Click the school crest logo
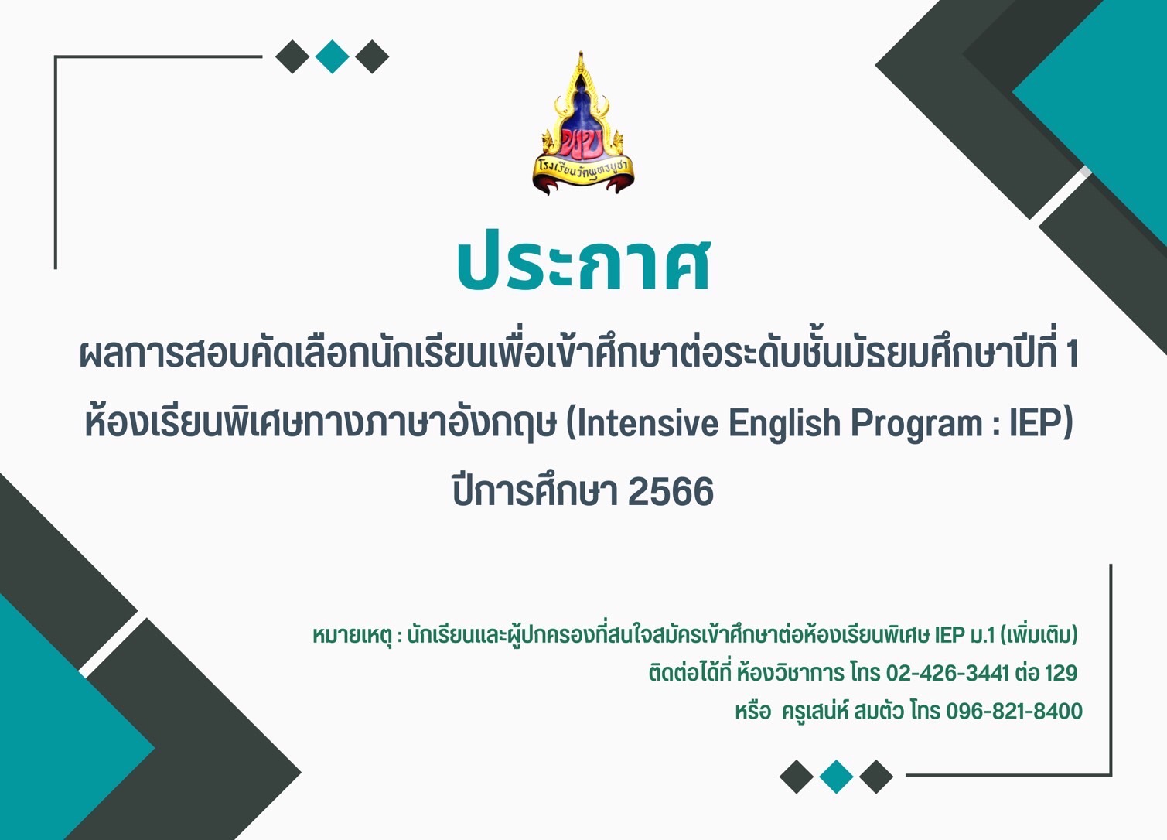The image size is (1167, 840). click(582, 123)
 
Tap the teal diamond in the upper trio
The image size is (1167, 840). click(332, 56)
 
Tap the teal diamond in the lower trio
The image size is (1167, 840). click(836, 777)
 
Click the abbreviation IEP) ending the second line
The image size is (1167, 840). click(1041, 424)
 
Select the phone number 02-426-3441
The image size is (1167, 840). click(947, 673)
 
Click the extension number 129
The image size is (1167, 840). click(1060, 673)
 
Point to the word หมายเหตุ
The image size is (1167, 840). click(351, 636)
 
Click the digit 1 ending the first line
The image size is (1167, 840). click(1072, 354)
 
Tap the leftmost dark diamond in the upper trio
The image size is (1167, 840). click(292, 56)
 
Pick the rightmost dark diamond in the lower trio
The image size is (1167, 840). click(875, 777)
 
